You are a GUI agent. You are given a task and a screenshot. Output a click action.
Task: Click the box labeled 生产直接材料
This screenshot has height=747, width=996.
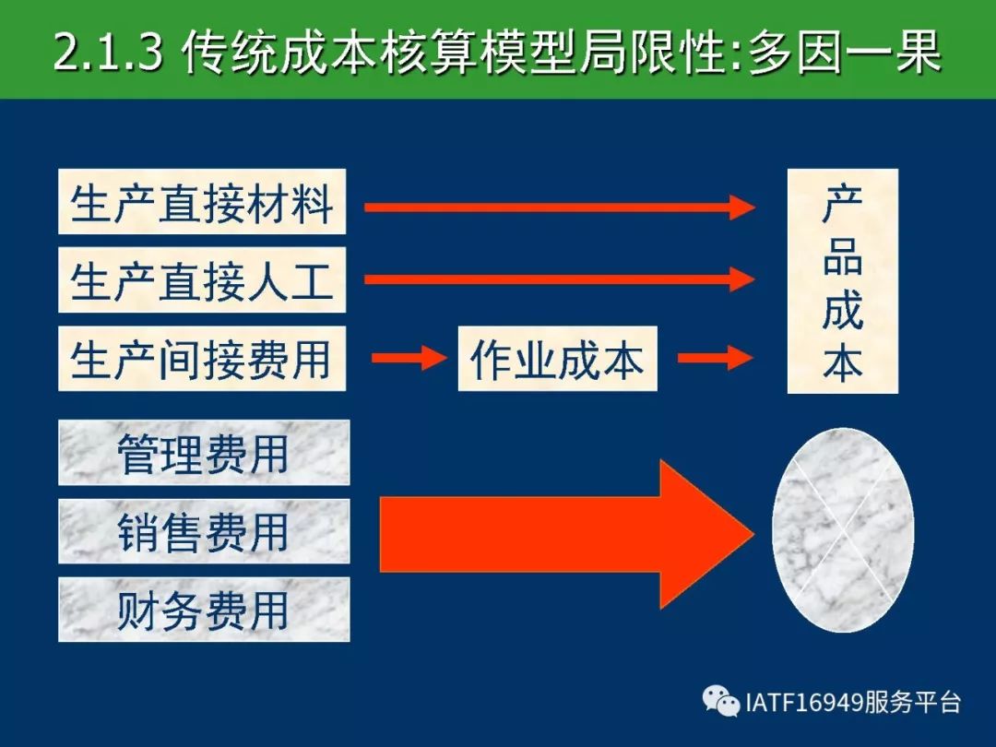(202, 201)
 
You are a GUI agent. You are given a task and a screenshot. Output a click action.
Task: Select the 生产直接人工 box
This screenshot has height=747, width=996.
(202, 279)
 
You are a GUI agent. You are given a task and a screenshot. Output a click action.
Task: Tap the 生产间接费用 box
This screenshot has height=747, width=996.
(202, 358)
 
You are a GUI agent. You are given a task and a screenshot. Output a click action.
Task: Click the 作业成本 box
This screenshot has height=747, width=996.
(558, 358)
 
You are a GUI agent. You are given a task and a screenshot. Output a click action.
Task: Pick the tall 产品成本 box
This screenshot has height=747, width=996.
(842, 280)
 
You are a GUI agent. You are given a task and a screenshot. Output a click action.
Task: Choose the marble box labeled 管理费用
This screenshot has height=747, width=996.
(204, 452)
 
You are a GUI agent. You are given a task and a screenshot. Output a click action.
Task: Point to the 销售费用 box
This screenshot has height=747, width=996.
(204, 531)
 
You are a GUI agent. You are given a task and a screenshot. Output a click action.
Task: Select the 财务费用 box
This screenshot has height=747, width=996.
(204, 610)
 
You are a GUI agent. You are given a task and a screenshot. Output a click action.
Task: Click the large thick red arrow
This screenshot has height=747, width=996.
(566, 534)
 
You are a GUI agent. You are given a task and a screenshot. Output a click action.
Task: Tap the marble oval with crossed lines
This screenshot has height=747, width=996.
(843, 529)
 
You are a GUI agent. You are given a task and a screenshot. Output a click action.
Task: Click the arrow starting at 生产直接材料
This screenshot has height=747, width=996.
(560, 207)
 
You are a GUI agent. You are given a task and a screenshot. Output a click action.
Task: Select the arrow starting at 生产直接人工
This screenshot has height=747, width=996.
(560, 279)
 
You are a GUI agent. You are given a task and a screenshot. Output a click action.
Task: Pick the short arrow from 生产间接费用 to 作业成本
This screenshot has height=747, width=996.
(409, 358)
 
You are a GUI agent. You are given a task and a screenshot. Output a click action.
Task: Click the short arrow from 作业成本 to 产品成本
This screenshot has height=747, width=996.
(716, 358)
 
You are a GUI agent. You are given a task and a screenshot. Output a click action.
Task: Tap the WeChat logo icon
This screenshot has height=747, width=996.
(721, 701)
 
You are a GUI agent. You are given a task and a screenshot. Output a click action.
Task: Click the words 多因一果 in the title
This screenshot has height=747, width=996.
(845, 51)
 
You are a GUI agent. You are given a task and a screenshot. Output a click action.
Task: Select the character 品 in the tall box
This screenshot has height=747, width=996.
(842, 256)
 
